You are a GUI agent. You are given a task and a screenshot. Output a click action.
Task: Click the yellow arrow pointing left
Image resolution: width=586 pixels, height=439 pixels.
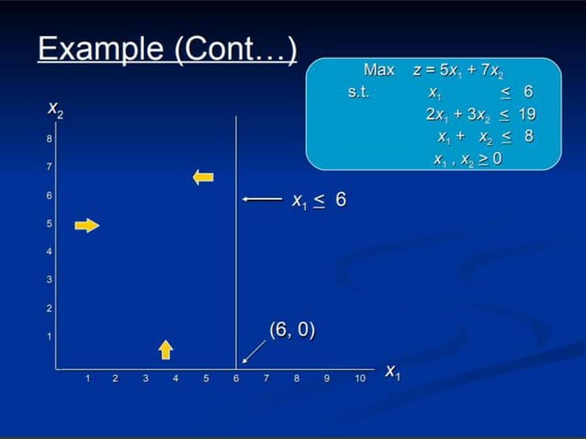[203, 176]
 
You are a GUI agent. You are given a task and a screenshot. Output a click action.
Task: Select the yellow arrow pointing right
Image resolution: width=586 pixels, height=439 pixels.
[86, 225]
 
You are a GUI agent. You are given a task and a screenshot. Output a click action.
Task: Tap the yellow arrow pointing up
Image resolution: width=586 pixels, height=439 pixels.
[165, 348]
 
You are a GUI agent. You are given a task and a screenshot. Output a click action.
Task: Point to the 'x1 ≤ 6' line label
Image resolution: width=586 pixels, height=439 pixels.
[319, 199]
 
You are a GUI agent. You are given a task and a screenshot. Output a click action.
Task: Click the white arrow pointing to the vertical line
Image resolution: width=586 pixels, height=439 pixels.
[262, 199]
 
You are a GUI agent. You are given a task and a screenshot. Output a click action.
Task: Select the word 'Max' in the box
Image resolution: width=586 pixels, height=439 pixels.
[378, 70]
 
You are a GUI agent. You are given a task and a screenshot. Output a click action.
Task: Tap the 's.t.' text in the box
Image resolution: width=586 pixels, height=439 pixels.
[358, 93]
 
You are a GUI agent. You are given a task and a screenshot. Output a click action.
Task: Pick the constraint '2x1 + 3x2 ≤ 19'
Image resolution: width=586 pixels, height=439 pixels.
[479, 115]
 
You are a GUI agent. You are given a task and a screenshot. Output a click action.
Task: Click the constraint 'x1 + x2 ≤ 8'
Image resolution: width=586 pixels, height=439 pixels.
[484, 136]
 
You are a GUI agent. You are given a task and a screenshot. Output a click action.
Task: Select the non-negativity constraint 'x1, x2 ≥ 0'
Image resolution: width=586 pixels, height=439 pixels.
[468, 158]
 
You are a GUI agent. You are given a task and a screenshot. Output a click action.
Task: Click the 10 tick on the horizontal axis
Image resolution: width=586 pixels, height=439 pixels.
[360, 377]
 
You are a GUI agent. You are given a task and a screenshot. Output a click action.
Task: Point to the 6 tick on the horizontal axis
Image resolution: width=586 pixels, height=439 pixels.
[236, 377]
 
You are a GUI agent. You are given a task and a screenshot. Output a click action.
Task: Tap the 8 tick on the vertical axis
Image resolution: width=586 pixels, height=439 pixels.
[50, 140]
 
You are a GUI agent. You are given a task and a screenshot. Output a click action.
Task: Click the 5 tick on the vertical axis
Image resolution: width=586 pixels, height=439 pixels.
[50, 224]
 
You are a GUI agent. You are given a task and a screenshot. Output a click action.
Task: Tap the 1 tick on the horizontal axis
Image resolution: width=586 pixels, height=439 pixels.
[87, 377]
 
